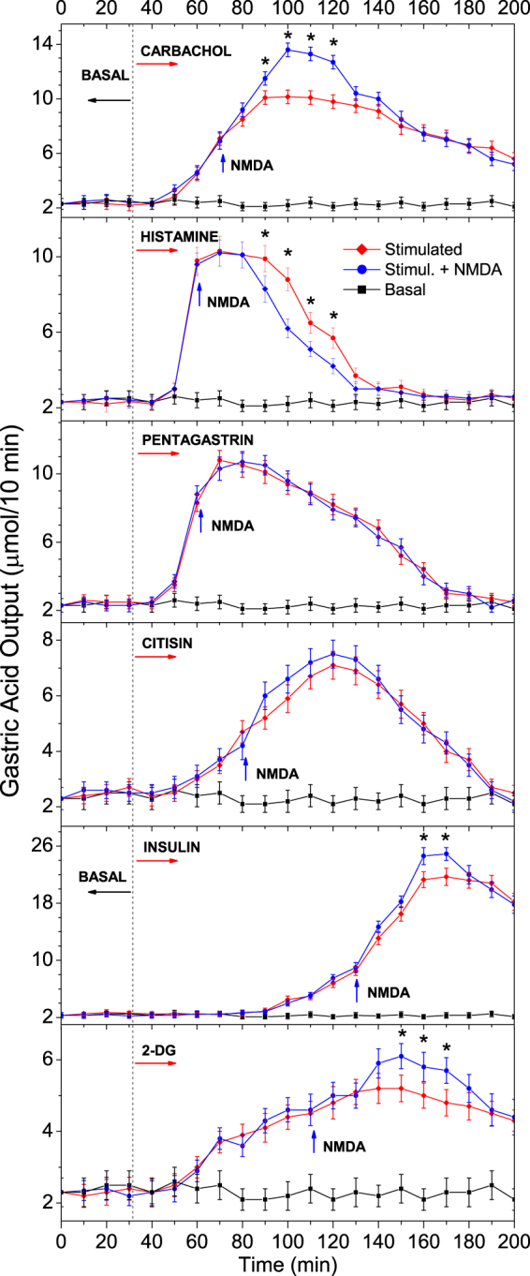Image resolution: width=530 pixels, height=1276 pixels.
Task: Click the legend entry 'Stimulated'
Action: (x=421, y=248)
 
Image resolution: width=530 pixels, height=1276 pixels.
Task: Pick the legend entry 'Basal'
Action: (x=404, y=289)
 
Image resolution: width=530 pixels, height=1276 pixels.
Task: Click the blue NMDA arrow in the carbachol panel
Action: (x=222, y=163)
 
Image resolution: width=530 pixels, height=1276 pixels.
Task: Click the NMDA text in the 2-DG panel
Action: (x=345, y=1145)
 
